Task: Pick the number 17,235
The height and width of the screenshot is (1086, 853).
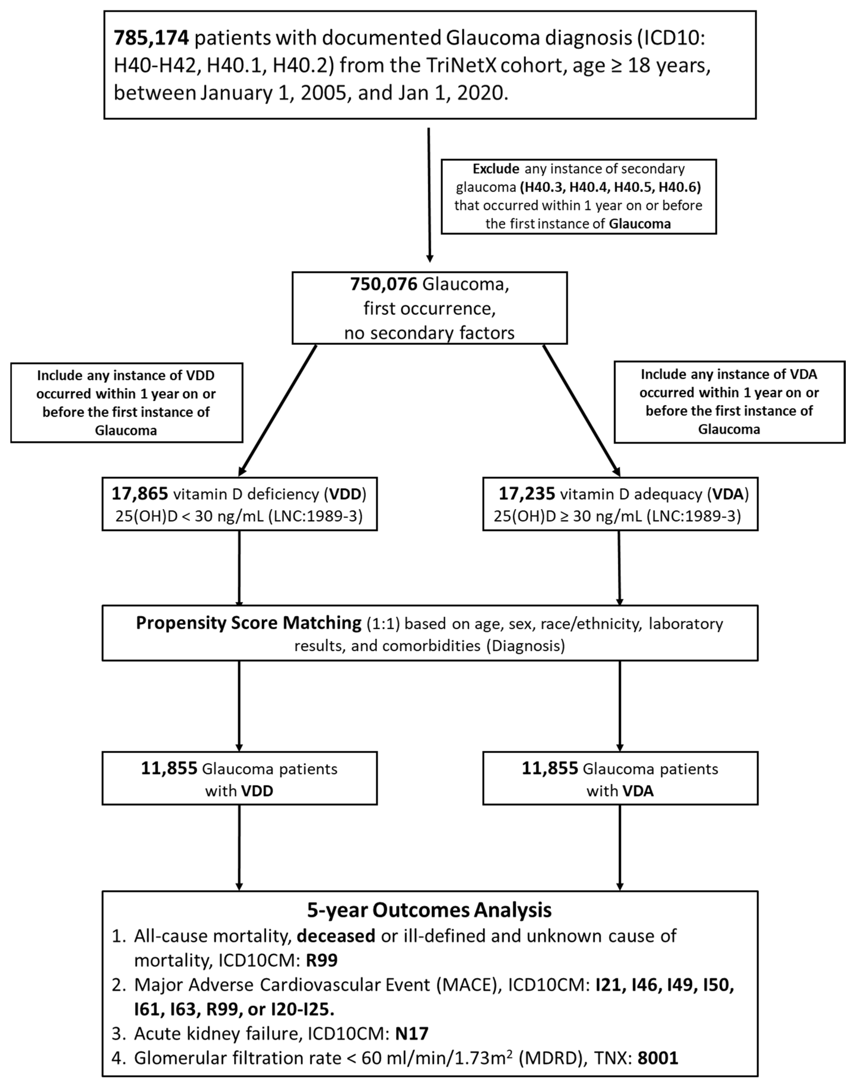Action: [x=526, y=494]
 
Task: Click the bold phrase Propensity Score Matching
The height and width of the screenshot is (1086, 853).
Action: [x=248, y=623]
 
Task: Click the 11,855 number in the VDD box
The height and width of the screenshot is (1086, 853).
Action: [x=169, y=768]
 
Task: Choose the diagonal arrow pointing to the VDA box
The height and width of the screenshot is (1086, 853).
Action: [x=581, y=409]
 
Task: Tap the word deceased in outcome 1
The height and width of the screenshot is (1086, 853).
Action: [x=336, y=936]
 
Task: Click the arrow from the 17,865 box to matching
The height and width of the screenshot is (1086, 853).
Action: [x=239, y=568]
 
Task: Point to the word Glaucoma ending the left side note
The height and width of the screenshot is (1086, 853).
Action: [x=126, y=430]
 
